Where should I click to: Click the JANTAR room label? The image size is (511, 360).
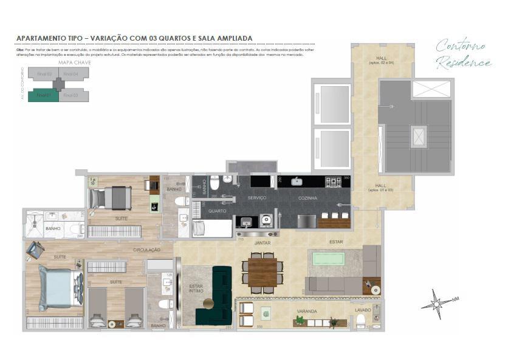[262, 243]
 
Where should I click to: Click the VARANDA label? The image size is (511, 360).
[306, 311]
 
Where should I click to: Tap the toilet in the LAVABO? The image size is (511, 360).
[360, 319]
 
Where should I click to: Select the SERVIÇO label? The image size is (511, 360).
[257, 199]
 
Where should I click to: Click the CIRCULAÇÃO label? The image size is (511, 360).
[147, 250]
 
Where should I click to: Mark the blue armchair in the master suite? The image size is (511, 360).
[34, 249]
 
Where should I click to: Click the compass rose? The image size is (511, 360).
[439, 303]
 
